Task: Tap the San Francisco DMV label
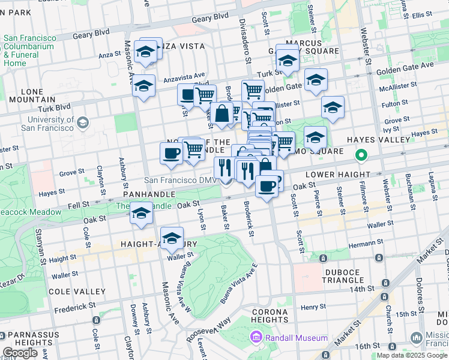[x=178, y=180]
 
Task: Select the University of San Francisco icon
[x=82, y=123]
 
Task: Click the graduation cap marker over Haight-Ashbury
[x=172, y=239]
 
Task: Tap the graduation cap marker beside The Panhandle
[x=141, y=213]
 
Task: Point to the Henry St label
[x=313, y=307]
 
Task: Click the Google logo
[x=20, y=353]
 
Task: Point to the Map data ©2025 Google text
[x=411, y=355]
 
